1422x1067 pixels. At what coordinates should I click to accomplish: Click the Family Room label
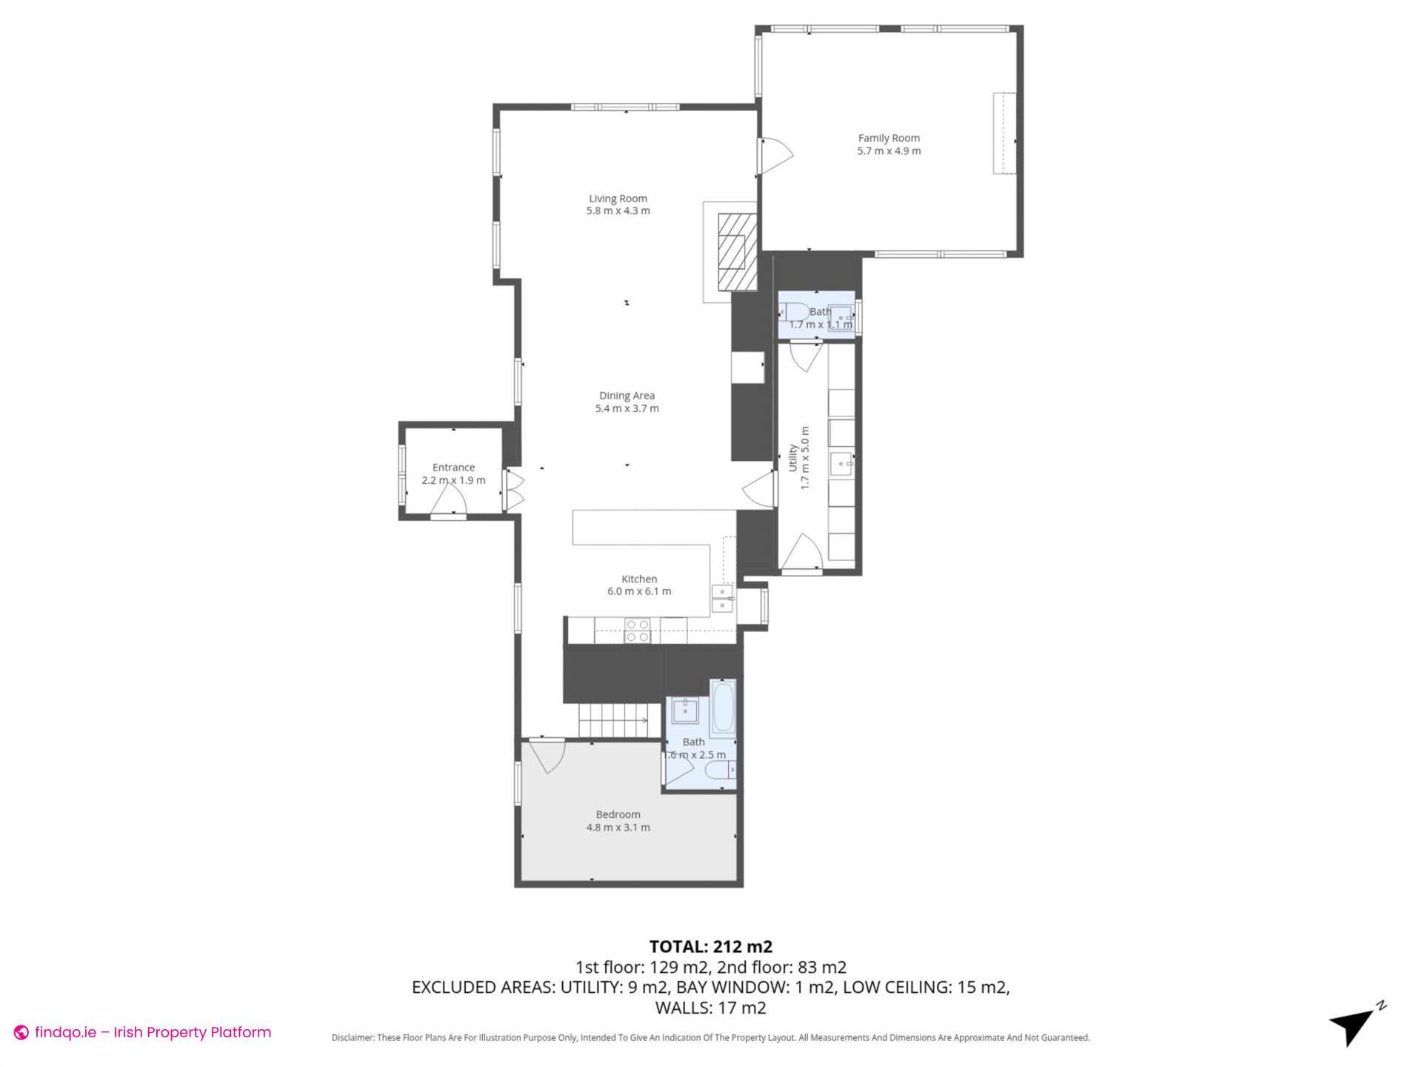click(x=889, y=138)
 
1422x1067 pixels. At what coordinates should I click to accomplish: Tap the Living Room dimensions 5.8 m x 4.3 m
click(x=618, y=211)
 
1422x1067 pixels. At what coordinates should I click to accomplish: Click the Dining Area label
click(x=627, y=396)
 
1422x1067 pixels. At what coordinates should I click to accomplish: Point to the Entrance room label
click(x=453, y=468)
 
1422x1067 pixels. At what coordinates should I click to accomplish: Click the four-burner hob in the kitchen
click(x=637, y=631)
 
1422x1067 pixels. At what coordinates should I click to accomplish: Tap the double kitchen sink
click(x=722, y=599)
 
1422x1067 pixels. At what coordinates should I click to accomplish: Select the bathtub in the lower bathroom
click(x=722, y=708)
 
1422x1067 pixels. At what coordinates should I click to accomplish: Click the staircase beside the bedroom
click(x=613, y=720)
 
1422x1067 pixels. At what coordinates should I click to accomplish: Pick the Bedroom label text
click(x=618, y=814)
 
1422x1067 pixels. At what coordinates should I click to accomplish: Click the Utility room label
click(x=792, y=458)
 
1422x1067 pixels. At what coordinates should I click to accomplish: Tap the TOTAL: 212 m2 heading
click(x=710, y=946)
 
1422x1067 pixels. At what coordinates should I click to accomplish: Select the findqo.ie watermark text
click(x=153, y=1032)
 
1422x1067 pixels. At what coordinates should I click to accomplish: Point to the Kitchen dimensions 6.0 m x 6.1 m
click(x=639, y=591)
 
